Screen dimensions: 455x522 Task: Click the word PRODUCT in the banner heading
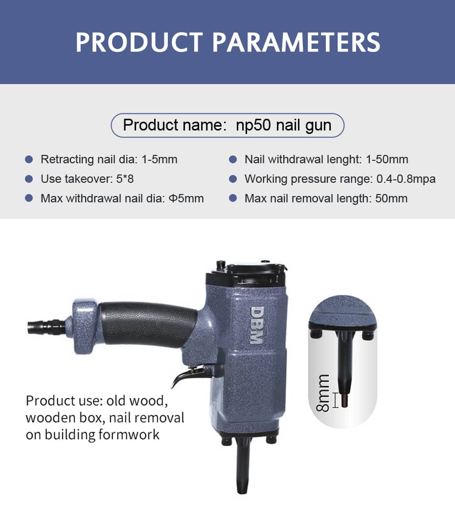[139, 43]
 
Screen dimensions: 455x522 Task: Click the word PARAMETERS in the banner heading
[296, 43]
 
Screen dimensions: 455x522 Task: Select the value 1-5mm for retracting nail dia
[159, 159]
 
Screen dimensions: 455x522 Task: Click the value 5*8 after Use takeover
[125, 179]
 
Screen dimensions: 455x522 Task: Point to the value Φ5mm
[186, 199]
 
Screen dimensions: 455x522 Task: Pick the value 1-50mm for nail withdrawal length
[387, 159]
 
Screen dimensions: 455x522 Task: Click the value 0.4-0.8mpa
[406, 179]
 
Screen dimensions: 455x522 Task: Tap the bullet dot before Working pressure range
[233, 179]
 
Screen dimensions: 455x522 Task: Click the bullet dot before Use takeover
[29, 179]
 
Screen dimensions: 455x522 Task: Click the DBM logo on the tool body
[257, 325]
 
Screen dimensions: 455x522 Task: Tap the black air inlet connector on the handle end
[46, 326]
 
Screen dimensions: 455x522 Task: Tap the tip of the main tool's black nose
[243, 493]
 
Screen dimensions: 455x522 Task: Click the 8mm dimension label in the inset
[323, 393]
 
